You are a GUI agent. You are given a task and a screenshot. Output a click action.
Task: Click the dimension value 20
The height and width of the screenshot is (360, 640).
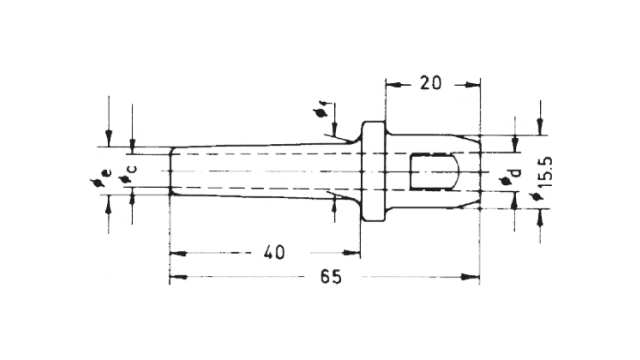pyautogui.click(x=431, y=83)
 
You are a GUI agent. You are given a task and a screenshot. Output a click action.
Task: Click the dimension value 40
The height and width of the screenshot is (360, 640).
pyautogui.click(x=274, y=253)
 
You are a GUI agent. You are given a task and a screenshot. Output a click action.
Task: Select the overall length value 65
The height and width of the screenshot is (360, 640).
pyautogui.click(x=331, y=277)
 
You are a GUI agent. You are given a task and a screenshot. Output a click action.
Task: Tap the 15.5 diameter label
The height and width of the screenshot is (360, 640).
pyautogui.click(x=546, y=171)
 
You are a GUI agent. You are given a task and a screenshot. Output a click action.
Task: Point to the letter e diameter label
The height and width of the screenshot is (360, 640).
pyautogui.click(x=107, y=173)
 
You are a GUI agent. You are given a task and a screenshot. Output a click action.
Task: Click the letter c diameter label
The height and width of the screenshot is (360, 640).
pyautogui.click(x=133, y=169)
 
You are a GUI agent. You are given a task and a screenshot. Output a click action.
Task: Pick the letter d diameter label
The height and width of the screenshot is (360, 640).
pyautogui.click(x=516, y=172)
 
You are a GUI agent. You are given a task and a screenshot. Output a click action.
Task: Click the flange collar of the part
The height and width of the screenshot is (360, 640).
pyautogui.click(x=373, y=171)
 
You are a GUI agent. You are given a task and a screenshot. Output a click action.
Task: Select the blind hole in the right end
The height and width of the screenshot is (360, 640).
pyautogui.click(x=435, y=171)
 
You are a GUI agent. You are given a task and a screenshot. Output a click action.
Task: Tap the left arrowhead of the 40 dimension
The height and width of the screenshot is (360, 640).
pyautogui.click(x=178, y=253)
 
